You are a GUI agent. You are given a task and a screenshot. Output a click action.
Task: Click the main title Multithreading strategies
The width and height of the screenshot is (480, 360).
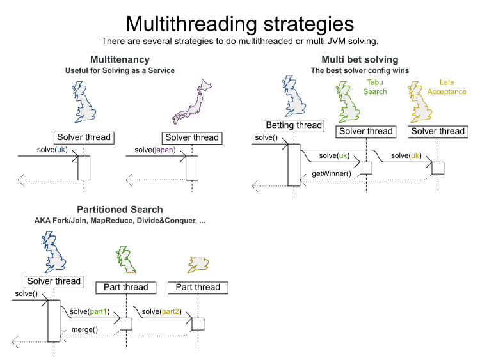(x=239, y=23)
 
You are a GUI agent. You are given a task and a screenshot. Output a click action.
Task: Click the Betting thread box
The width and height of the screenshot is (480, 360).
(x=294, y=125)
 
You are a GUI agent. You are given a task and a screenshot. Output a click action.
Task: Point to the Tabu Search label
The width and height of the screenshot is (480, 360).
(x=375, y=87)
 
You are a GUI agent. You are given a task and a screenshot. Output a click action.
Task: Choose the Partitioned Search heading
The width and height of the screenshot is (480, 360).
(x=120, y=209)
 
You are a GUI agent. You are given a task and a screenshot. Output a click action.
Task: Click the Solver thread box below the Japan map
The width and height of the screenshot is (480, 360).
(x=191, y=137)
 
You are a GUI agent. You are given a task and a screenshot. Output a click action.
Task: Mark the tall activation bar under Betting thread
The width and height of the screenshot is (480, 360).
(x=294, y=164)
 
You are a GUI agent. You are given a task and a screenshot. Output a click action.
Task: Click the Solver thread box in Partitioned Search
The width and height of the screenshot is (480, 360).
(x=54, y=281)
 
